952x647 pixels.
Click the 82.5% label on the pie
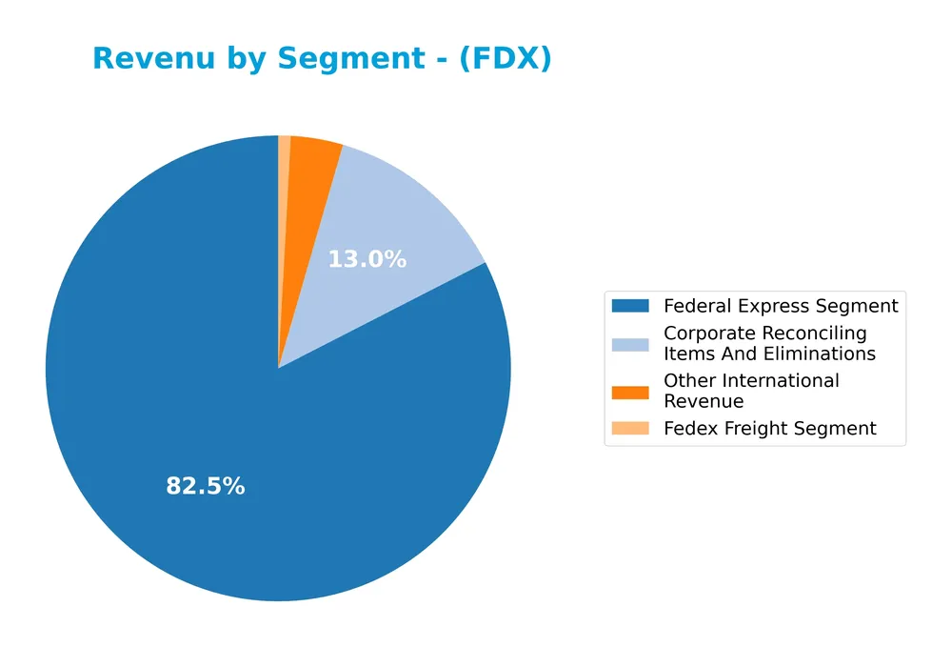(x=206, y=486)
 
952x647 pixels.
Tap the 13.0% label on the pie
(x=367, y=259)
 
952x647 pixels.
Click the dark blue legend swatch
(x=629, y=306)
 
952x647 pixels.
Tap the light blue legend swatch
(x=629, y=344)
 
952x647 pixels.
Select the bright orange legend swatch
(x=629, y=392)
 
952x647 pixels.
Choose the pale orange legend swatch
(x=629, y=429)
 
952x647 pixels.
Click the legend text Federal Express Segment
(x=781, y=306)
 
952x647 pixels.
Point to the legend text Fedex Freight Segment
(x=769, y=429)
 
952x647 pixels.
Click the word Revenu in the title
(x=146, y=59)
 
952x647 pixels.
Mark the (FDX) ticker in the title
(x=504, y=59)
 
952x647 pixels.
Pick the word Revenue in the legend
(x=703, y=401)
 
